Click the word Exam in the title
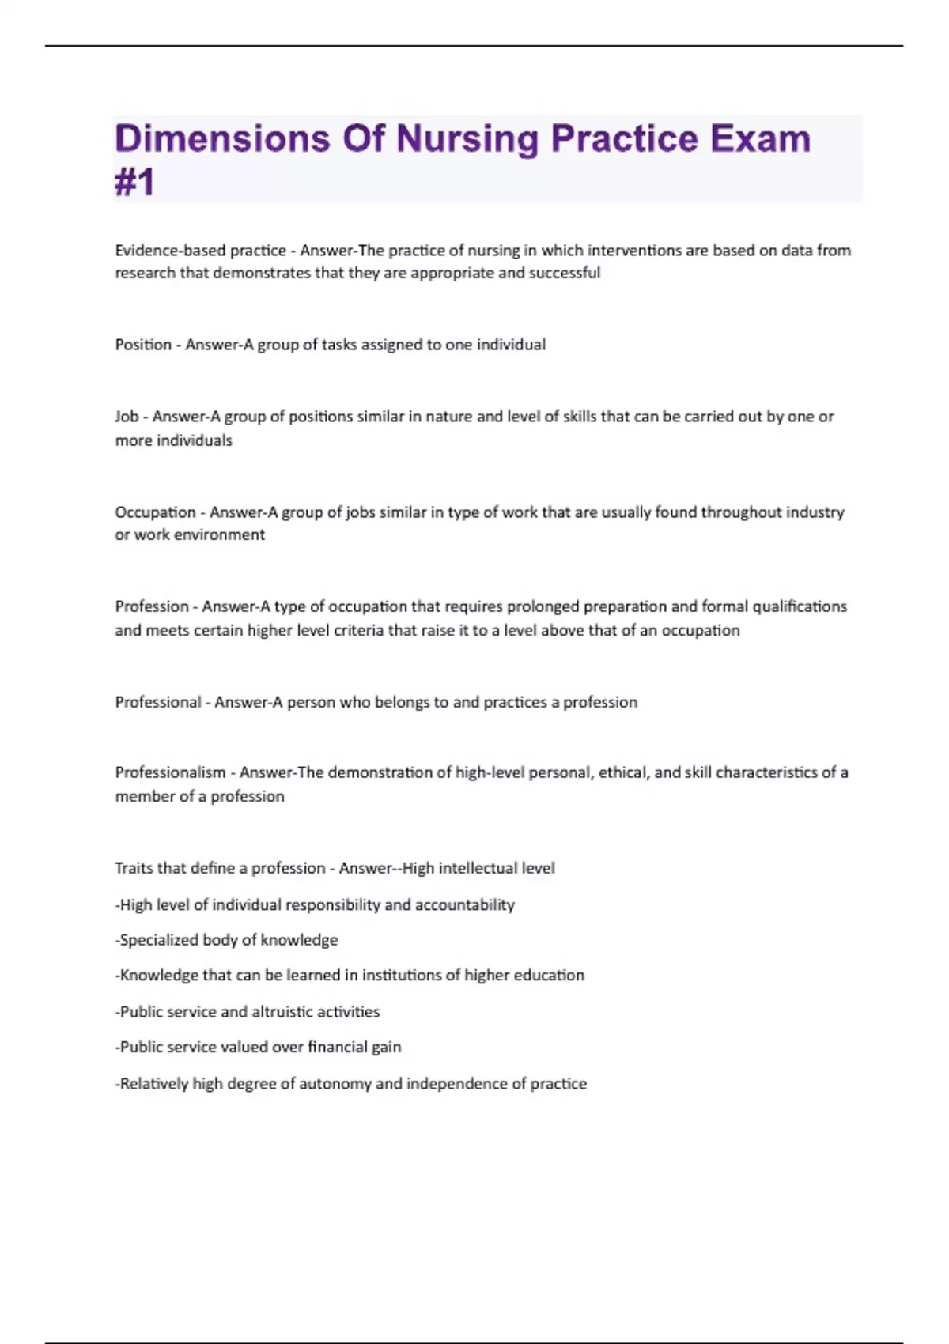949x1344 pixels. (760, 138)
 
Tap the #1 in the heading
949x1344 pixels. (134, 183)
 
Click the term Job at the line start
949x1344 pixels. (127, 417)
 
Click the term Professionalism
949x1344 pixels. (170, 772)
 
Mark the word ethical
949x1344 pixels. (622, 772)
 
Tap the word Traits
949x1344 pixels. (133, 868)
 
